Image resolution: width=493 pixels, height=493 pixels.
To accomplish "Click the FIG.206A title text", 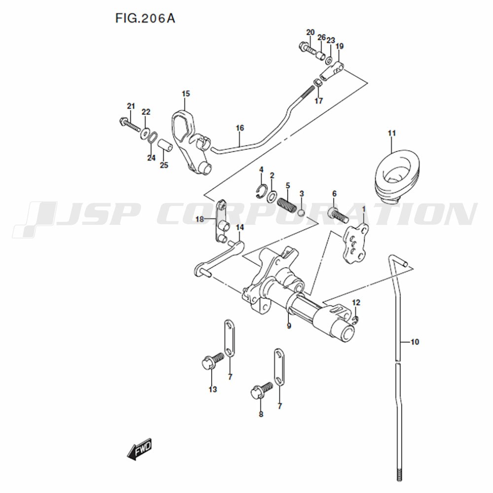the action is point(145,19).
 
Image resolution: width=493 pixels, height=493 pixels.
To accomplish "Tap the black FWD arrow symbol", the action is point(140,450).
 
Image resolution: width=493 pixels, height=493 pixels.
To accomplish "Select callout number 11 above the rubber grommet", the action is point(391,133).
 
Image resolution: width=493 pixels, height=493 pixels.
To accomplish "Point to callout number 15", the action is point(185,94).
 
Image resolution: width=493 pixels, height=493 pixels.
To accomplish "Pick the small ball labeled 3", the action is point(301,213).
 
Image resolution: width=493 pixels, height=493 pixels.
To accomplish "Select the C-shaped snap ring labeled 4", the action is point(261,192).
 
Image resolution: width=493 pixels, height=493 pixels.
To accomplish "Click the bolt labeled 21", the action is point(130,125).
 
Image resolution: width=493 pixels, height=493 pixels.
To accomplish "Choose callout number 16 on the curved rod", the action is point(240,128).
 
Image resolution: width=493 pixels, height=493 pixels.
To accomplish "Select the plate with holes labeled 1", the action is point(354,244).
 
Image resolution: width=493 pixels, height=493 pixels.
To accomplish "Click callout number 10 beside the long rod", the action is point(415,342).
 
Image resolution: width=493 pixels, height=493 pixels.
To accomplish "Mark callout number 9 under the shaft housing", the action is point(289,326).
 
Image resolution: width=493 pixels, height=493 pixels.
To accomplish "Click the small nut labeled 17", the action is point(318,83).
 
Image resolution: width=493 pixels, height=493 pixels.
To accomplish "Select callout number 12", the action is point(356,303).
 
